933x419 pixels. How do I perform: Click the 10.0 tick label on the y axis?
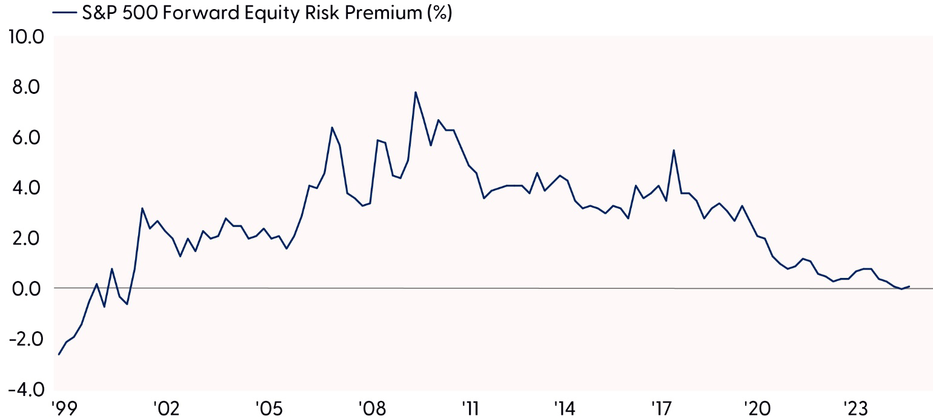click(25, 37)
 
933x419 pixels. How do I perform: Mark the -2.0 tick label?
click(25, 338)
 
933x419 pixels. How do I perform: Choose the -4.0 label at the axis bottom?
click(25, 389)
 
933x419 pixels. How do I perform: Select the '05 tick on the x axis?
click(266, 407)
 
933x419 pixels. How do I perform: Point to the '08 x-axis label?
click(368, 407)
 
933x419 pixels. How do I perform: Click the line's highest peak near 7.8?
click(416, 92)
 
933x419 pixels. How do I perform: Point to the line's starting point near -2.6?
click(59, 354)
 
